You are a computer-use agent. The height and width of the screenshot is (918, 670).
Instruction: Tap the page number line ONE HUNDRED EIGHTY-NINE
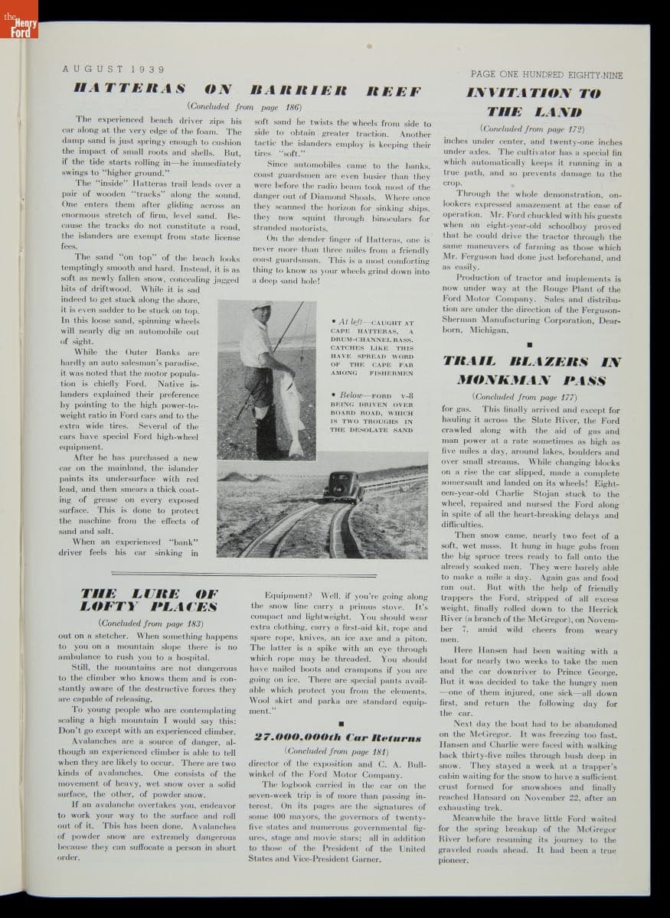click(546, 75)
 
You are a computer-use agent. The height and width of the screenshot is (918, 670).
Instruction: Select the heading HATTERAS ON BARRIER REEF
click(247, 90)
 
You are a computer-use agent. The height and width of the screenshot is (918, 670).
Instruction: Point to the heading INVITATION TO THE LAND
click(534, 103)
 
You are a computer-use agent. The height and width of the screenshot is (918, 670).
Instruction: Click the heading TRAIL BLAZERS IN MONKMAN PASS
click(534, 369)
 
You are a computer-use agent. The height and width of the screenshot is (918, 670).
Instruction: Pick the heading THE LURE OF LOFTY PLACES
click(150, 600)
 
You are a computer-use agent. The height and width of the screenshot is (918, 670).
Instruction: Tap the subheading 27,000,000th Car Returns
click(337, 737)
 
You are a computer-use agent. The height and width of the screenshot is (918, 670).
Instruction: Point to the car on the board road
click(343, 486)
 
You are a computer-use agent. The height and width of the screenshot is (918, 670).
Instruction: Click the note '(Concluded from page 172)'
click(533, 129)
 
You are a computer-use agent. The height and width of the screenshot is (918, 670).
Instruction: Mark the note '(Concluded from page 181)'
click(337, 751)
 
